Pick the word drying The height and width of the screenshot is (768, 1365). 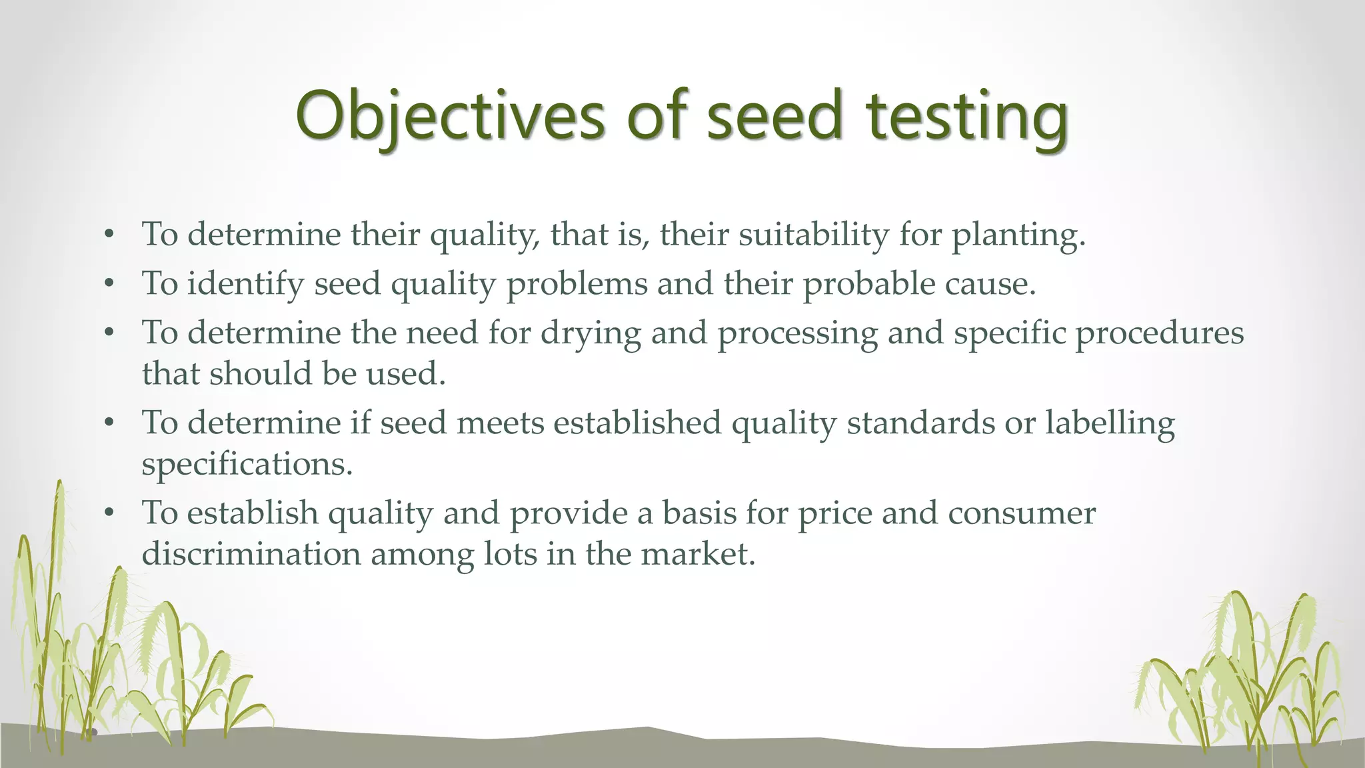591,333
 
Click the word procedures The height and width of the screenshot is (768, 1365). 1159,333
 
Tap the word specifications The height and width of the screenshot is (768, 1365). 247,465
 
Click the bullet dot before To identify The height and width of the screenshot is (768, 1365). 110,285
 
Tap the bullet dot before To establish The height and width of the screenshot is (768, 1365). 110,514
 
